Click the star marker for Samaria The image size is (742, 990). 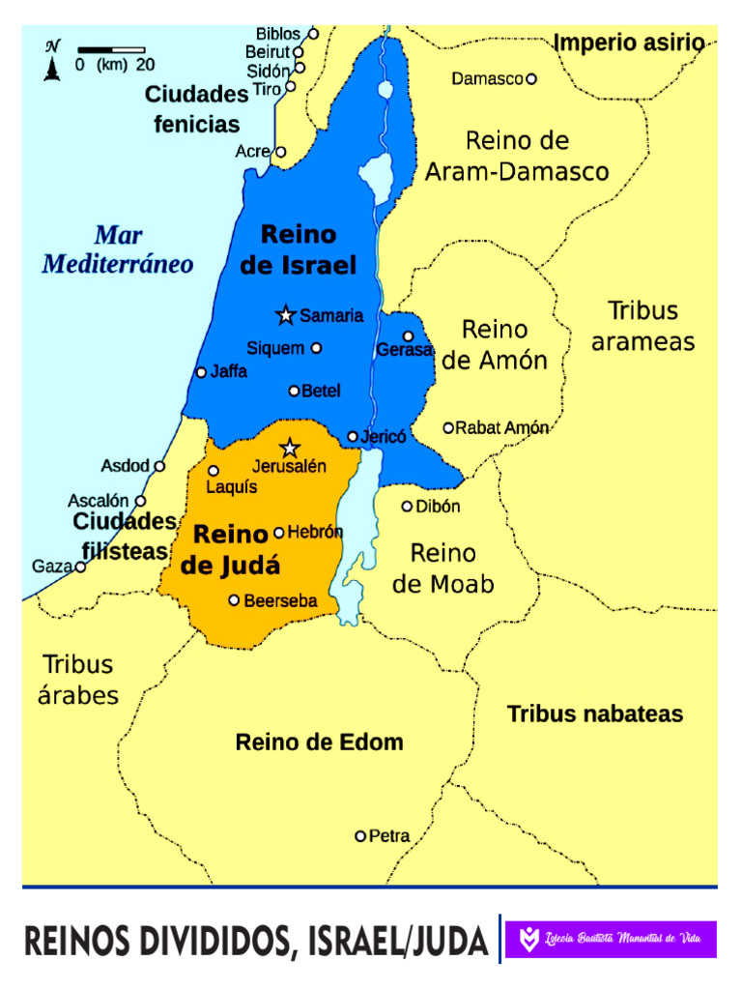(285, 315)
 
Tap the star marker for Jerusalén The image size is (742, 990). (289, 448)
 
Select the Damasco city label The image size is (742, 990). (487, 79)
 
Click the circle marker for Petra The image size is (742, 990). (360, 836)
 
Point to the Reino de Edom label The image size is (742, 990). (319, 742)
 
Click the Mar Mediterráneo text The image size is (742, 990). (118, 249)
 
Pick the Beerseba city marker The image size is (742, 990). (234, 600)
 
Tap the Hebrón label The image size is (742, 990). (315, 532)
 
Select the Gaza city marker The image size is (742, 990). (81, 567)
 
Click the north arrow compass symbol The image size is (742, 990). (52, 61)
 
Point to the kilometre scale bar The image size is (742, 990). (111, 49)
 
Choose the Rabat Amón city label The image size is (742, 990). (502, 427)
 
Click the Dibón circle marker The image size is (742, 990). (408, 506)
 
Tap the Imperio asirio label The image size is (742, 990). (629, 43)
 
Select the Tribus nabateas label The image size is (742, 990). (595, 714)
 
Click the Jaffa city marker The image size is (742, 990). (201, 372)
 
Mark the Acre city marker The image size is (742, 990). (281, 152)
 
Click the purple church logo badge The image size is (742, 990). (611, 939)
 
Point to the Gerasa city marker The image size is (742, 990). (408, 336)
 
